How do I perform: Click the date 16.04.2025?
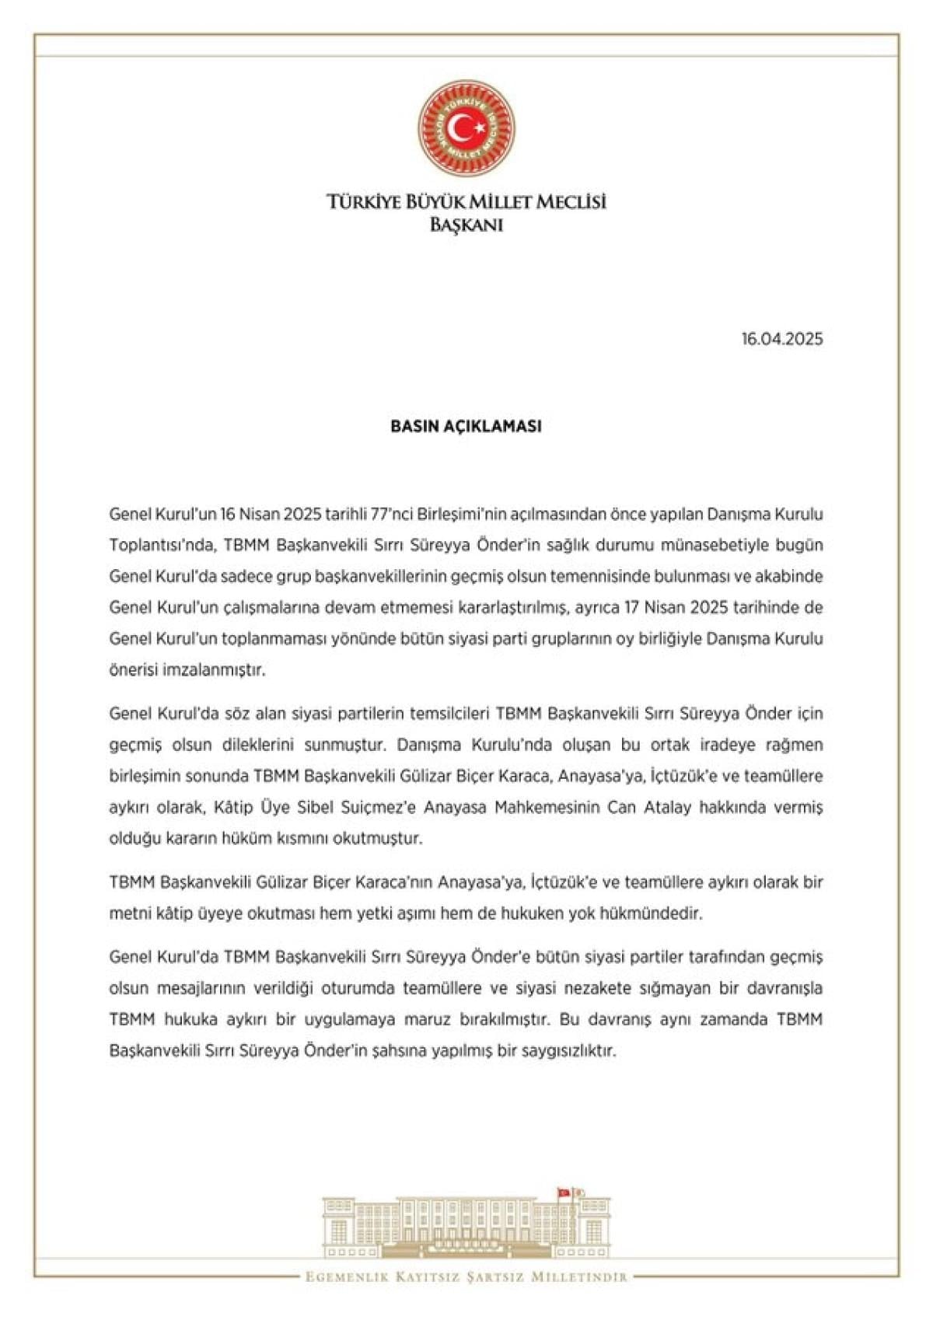(781, 339)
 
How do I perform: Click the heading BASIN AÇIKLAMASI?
(465, 426)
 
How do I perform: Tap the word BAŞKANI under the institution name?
(466, 225)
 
